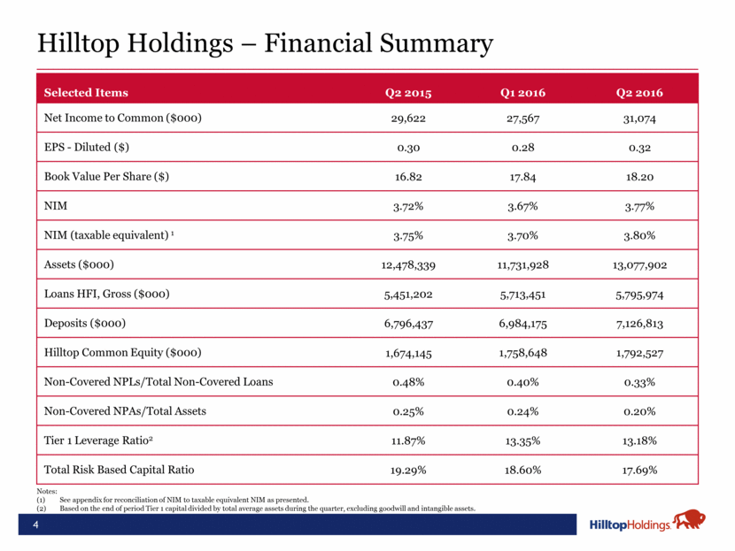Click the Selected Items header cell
click(86, 93)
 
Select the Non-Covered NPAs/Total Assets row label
click(132, 411)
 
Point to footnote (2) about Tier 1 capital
click(266, 509)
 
